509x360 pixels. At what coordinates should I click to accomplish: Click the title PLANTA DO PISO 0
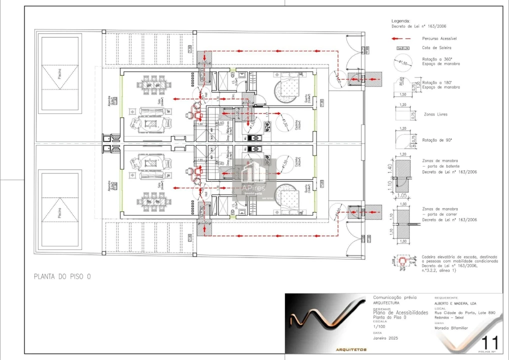[x=62, y=276]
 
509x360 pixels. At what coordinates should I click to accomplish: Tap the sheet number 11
[x=489, y=343]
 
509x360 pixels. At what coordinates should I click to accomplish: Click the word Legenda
[x=400, y=21]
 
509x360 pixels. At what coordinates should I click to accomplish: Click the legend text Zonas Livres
[x=435, y=114]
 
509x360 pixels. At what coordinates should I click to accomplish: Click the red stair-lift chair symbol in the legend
[x=402, y=261]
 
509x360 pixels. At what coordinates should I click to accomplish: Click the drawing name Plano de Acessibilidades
[x=400, y=312]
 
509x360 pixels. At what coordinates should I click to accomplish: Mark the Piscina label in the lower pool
[x=59, y=213]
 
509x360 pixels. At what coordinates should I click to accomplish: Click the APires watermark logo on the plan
[x=254, y=177]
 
